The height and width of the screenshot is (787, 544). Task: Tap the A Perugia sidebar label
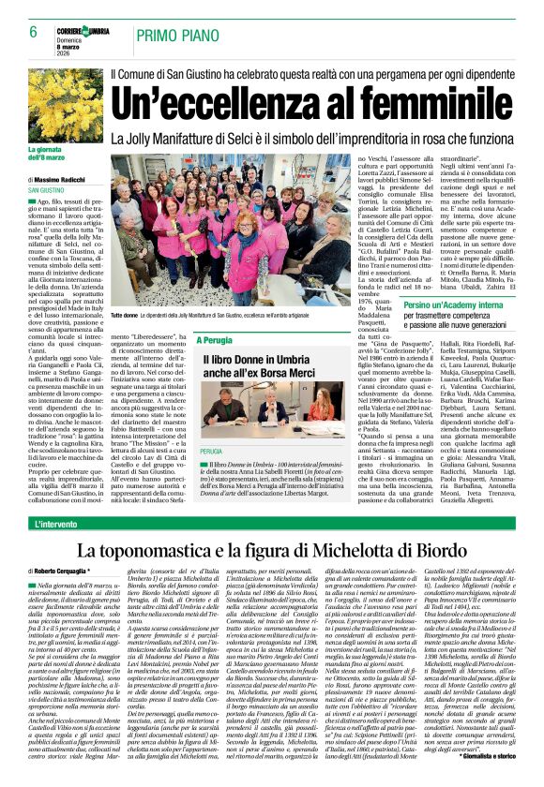click(221, 339)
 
